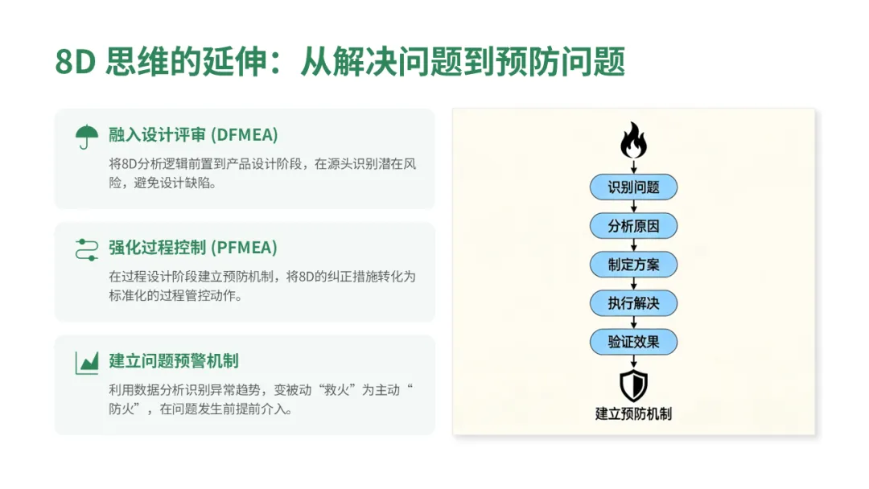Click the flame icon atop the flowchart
(x=633, y=142)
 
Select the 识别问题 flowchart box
(x=633, y=187)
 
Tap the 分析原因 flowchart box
(x=633, y=226)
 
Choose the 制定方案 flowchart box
(x=633, y=265)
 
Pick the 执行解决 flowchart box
(x=633, y=303)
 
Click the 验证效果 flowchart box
(x=633, y=342)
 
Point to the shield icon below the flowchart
(x=633, y=385)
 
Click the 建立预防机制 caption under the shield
(x=633, y=414)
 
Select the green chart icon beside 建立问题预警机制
(x=86, y=362)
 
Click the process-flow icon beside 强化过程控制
(x=86, y=249)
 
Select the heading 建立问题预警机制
(x=174, y=360)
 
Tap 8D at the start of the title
(x=76, y=63)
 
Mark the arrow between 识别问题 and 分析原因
(x=633, y=207)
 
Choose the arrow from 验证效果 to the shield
(x=633, y=362)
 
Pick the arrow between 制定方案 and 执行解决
(x=633, y=284)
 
